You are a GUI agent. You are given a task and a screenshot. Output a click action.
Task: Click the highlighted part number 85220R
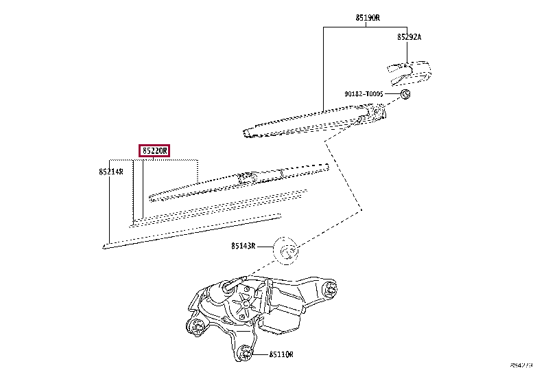tap(154, 150)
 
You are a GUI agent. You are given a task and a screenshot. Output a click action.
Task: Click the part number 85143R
tap(244, 245)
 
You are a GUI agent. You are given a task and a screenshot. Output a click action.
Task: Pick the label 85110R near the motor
tap(281, 354)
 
